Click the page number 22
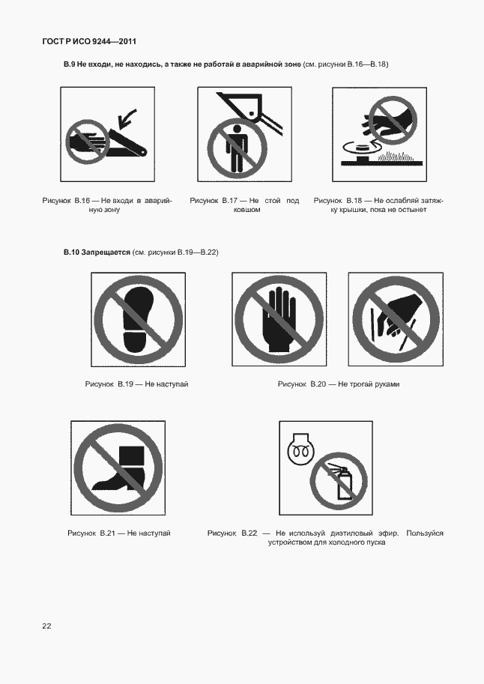[46, 626]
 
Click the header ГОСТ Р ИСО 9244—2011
[89, 41]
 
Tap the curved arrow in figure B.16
[126, 119]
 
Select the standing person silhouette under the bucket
[237, 148]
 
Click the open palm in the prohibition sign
[282, 319]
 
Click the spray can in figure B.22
[342, 483]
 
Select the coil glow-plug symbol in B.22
[300, 450]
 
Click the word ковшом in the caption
[246, 210]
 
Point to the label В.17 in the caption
[229, 201]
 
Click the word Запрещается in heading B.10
[106, 252]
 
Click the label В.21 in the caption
[107, 533]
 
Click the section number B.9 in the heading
[70, 64]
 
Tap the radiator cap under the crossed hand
[361, 151]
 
